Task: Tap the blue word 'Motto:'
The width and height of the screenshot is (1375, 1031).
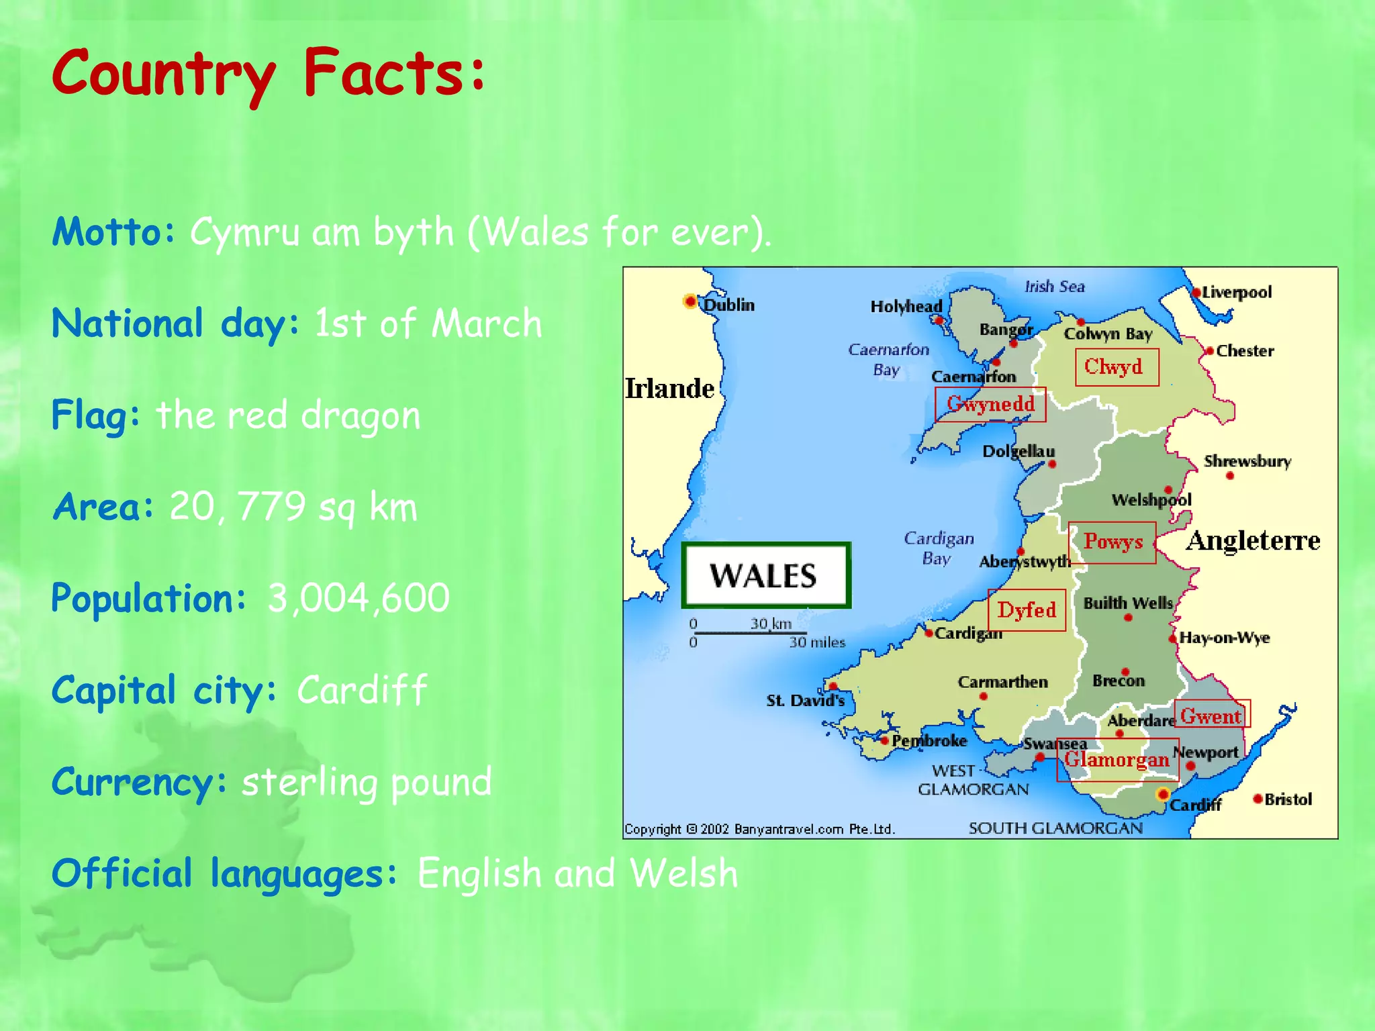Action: click(x=113, y=232)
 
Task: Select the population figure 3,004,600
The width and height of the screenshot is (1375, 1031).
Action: click(x=359, y=597)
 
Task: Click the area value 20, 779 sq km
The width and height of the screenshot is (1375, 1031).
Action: click(x=293, y=507)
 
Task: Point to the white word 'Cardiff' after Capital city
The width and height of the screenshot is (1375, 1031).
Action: click(x=362, y=689)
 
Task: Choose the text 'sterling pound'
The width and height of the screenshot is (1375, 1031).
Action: click(x=367, y=782)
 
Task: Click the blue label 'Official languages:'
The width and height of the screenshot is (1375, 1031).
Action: click(x=224, y=873)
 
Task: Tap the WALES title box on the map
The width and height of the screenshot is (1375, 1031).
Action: click(x=766, y=576)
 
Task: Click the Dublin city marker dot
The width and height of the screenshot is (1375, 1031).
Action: click(x=690, y=301)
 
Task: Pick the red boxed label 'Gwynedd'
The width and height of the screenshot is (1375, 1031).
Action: click(x=990, y=404)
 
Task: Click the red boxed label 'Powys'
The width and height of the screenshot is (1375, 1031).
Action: click(x=1112, y=542)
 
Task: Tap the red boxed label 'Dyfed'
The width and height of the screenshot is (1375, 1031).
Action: click(x=1027, y=610)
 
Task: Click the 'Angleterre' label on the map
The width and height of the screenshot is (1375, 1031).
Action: click(x=1253, y=540)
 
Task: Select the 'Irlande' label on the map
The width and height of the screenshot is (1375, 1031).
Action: click(x=669, y=389)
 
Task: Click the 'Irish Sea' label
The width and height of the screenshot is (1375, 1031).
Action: click(x=1054, y=287)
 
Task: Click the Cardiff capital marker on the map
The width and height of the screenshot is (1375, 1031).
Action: click(x=1163, y=795)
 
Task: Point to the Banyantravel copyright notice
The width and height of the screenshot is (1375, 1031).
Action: click(x=759, y=829)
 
